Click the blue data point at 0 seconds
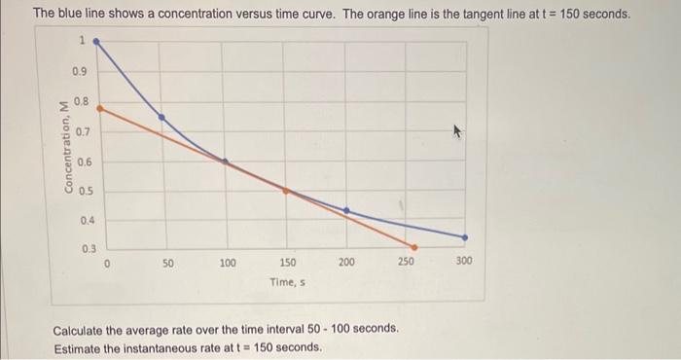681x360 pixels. pos(96,42)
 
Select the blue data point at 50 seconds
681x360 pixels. pos(161,117)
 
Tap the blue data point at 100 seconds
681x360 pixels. pos(226,162)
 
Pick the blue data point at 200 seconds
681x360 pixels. pos(347,210)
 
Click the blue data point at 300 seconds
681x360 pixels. pos(464,236)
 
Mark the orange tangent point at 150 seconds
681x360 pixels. pos(286,191)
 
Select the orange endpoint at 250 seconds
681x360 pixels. pos(414,247)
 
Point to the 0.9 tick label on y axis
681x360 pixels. pos(79,72)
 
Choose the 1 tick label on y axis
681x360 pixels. pos(84,41)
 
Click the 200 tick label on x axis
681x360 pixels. pos(347,263)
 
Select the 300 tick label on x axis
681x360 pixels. pos(464,263)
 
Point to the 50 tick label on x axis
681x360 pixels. pos(167,263)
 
